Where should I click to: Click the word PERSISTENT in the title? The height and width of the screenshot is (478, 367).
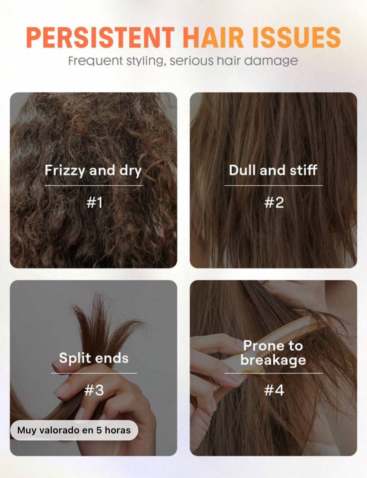point(100,38)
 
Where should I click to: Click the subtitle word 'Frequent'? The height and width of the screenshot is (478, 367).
point(95,61)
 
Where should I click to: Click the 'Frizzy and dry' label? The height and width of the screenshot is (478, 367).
point(93,171)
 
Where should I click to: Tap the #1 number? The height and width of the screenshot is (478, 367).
point(94,203)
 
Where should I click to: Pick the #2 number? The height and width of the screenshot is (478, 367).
point(274,203)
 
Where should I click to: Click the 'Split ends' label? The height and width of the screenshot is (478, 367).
point(94,358)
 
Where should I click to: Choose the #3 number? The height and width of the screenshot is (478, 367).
point(94,390)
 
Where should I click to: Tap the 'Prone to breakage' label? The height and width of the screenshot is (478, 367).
point(273,353)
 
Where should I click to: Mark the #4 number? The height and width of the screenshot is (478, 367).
point(274,390)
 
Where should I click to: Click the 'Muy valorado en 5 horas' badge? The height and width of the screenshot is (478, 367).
point(74,430)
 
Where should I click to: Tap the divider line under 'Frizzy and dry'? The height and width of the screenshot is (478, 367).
point(94,186)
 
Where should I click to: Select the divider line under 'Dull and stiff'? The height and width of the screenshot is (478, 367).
point(274,186)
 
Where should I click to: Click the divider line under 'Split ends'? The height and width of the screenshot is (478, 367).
point(94,373)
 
